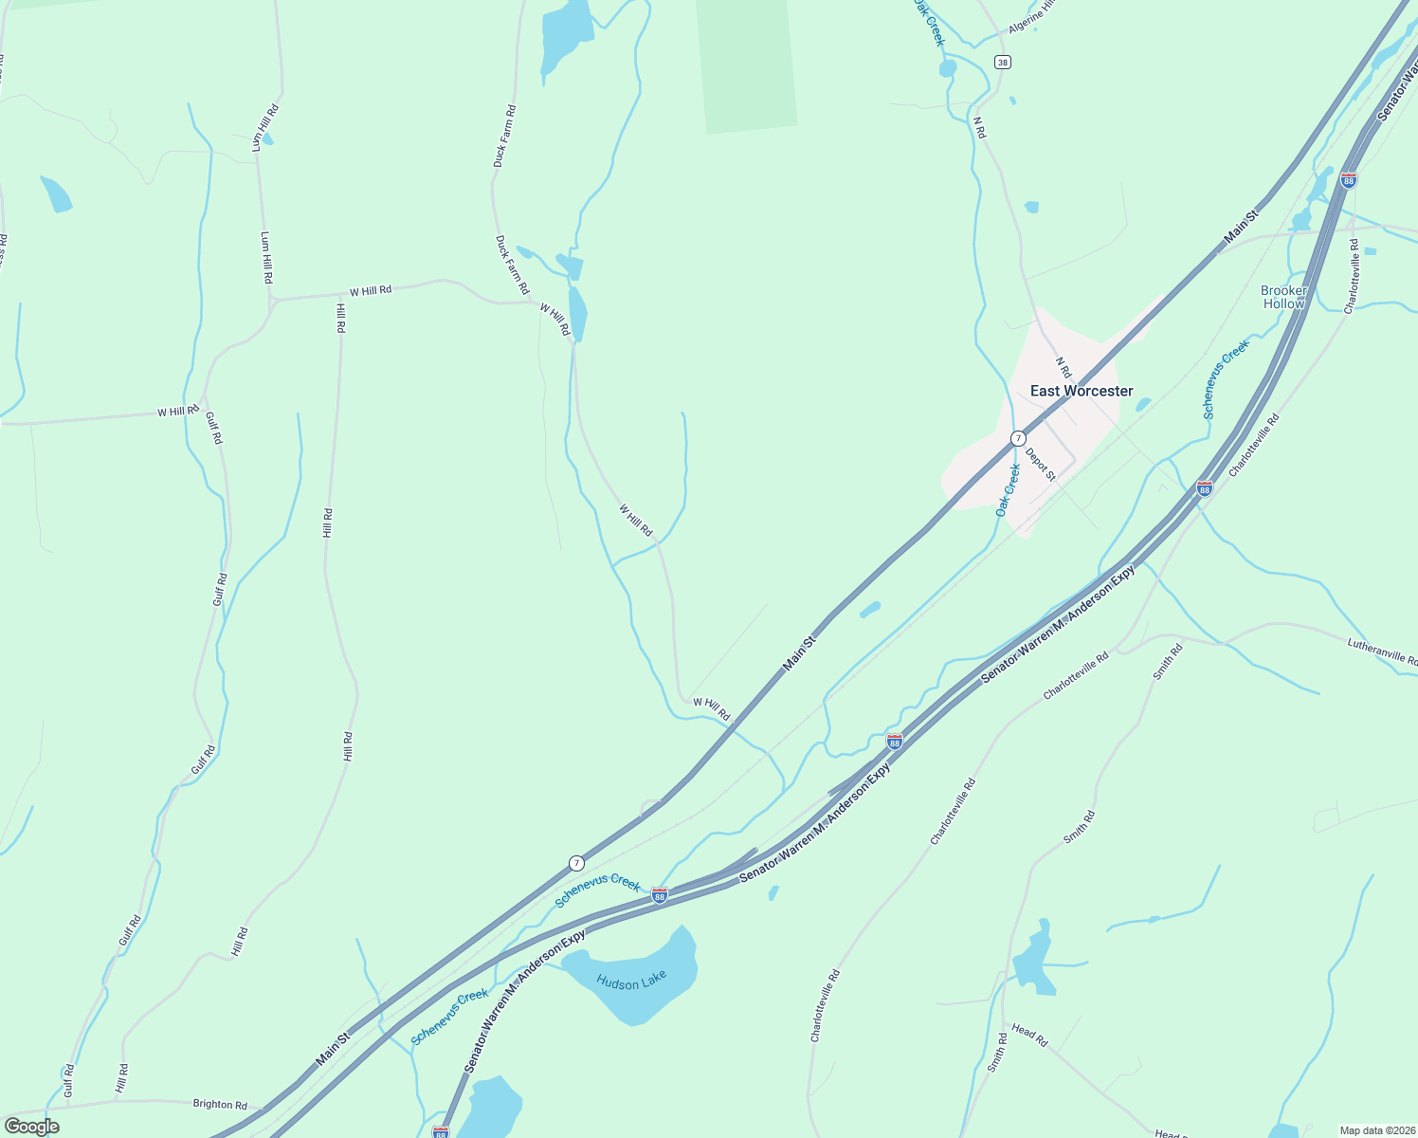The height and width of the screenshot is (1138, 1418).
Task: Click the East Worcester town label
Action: (1082, 391)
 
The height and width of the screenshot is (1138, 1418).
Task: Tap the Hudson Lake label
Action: (631, 980)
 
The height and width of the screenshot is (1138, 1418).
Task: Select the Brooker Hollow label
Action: (1283, 297)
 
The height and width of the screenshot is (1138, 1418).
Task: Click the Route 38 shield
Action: (1003, 62)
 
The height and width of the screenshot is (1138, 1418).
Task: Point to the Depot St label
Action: (1040, 464)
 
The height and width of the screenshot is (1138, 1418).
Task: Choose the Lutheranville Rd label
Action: (1382, 652)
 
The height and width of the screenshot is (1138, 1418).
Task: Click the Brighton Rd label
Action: (220, 1104)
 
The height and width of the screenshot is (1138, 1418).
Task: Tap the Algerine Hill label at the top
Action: (1031, 17)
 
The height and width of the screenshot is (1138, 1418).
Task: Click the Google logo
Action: (31, 1127)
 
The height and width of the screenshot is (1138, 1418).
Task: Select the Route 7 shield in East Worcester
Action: (1017, 438)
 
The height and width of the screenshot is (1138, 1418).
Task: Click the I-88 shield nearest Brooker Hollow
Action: (1349, 179)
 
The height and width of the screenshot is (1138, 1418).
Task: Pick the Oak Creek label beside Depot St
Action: (1008, 489)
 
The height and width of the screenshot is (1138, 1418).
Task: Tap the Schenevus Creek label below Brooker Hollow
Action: (1226, 380)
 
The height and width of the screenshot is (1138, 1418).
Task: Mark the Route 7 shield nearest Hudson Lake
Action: (576, 863)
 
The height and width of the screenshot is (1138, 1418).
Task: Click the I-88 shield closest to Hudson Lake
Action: (660, 894)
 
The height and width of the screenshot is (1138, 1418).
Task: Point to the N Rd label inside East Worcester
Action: (1063, 367)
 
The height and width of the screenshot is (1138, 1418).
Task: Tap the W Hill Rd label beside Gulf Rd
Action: (178, 412)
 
